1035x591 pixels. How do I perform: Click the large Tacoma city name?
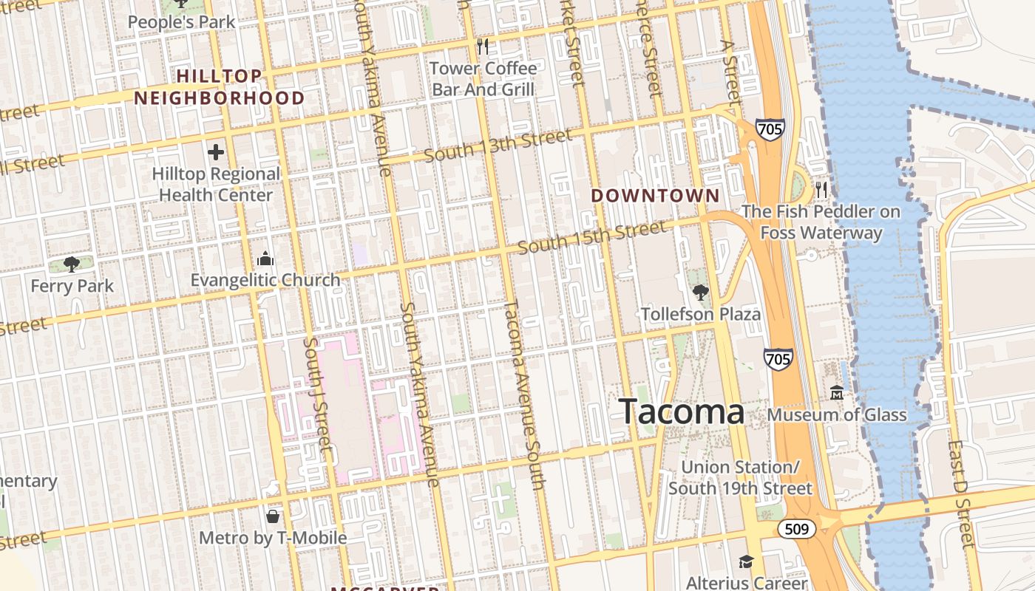[x=681, y=411]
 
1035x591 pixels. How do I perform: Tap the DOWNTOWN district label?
[x=655, y=196]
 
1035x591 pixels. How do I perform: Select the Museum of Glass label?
[x=837, y=414]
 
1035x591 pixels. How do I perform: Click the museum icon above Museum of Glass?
[x=837, y=392]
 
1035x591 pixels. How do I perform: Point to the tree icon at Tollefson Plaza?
[x=700, y=293]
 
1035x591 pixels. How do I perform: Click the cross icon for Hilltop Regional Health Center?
[x=216, y=153]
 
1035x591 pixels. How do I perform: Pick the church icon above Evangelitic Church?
[x=265, y=259]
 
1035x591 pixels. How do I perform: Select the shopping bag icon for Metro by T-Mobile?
[x=273, y=516]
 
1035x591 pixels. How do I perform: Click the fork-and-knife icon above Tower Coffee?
[x=483, y=47]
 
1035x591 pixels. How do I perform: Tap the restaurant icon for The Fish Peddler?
[x=821, y=190]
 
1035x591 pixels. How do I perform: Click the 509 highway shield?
[x=796, y=529]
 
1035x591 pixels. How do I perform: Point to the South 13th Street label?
[x=498, y=146]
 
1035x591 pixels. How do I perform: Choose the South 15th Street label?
[x=592, y=238]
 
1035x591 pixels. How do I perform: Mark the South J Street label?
[x=315, y=393]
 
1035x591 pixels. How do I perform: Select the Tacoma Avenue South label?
[x=525, y=395]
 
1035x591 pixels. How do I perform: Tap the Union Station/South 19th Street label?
[x=740, y=478]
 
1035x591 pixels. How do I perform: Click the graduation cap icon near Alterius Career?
[x=746, y=561]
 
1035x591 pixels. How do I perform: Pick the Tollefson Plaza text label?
[x=701, y=314]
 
